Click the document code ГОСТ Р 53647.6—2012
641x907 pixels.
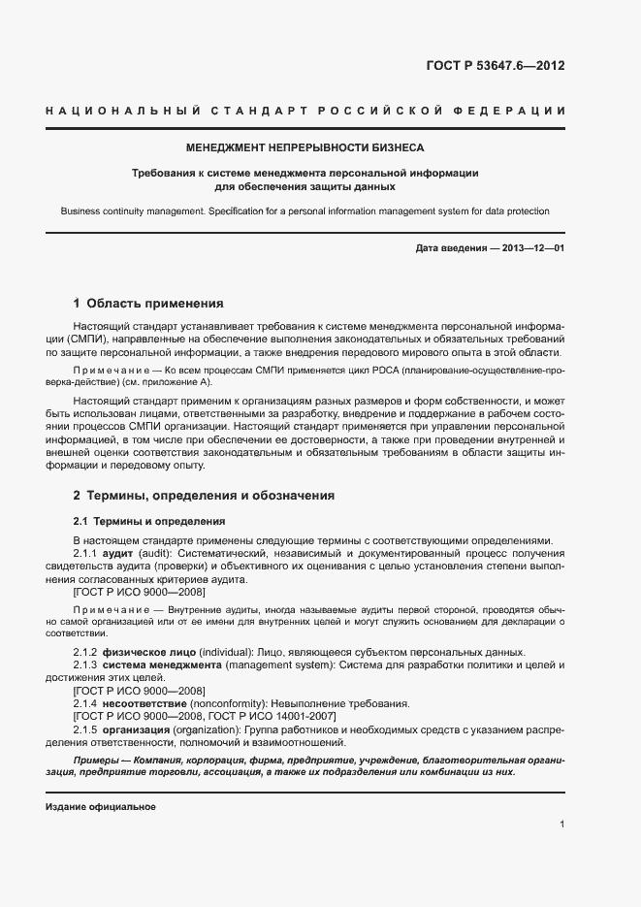[495, 67]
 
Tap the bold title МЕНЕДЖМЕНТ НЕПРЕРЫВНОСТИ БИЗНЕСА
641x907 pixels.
[305, 148]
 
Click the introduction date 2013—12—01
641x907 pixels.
[533, 248]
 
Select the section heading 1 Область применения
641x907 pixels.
[148, 303]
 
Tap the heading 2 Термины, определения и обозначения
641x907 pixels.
[204, 495]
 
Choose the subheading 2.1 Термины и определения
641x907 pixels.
[149, 521]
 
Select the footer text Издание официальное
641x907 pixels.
[101, 807]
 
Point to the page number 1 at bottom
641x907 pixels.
[561, 825]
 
